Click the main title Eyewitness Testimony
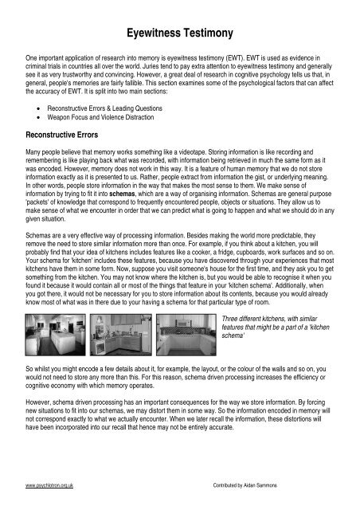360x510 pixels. [x=179, y=31]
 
